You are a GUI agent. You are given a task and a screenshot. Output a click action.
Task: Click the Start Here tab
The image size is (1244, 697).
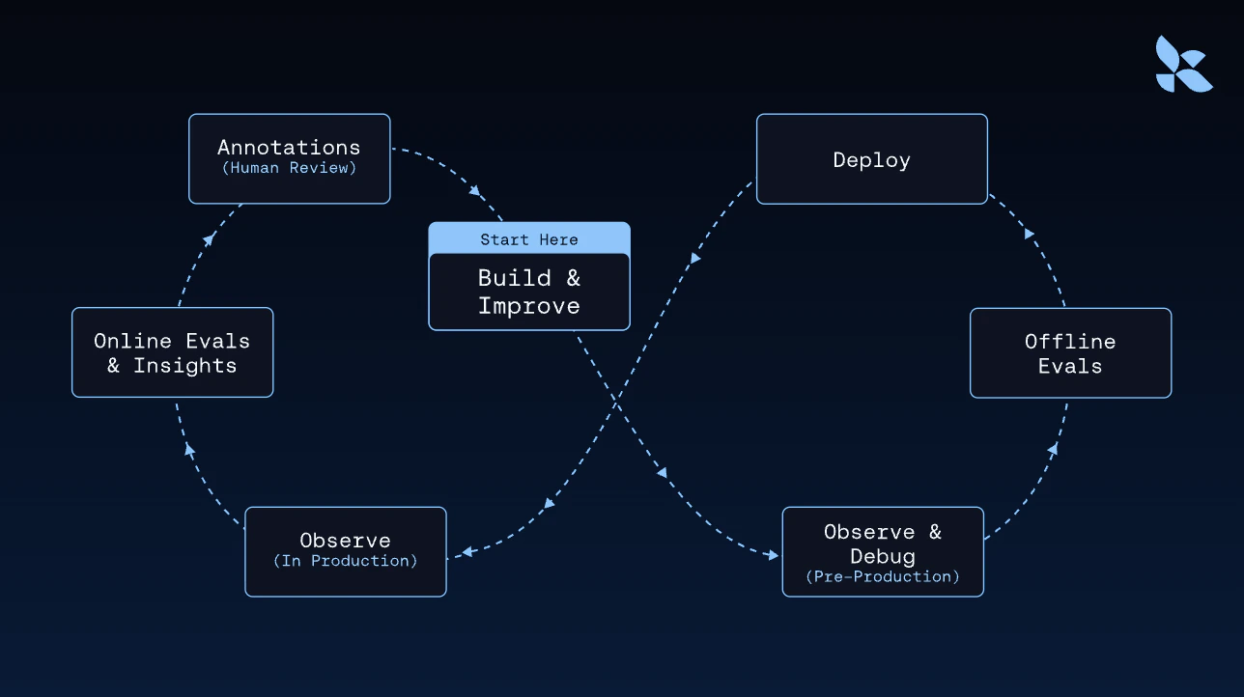pyautogui.click(x=529, y=238)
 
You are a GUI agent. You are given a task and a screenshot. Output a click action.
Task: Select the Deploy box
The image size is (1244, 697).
pyautogui.click(x=871, y=159)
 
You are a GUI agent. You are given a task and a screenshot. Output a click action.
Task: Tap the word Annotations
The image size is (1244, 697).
pyautogui.click(x=289, y=148)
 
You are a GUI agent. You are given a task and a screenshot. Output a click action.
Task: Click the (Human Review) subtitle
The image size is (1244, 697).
pyautogui.click(x=289, y=169)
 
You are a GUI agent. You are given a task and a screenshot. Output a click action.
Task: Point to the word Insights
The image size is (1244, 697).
pyautogui.click(x=184, y=366)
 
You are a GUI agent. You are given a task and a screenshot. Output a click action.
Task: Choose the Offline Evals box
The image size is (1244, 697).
pyautogui.click(x=1070, y=353)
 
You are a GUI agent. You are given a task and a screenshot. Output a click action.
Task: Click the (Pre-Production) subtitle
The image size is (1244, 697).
pyautogui.click(x=883, y=576)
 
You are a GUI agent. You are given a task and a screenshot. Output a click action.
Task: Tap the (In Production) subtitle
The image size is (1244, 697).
pyautogui.click(x=345, y=561)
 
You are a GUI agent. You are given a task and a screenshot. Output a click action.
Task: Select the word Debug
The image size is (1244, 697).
pyautogui.click(x=883, y=556)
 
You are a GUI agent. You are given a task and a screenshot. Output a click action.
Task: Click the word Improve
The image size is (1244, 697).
pyautogui.click(x=529, y=306)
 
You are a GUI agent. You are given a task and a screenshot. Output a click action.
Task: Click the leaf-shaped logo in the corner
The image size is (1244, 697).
pyautogui.click(x=1183, y=65)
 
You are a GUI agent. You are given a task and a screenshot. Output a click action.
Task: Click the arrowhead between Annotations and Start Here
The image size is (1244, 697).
pyautogui.click(x=475, y=191)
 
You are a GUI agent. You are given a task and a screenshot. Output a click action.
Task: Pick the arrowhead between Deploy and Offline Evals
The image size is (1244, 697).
pyautogui.click(x=1030, y=234)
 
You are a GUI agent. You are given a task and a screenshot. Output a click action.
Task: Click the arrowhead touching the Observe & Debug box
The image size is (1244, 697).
pyautogui.click(x=772, y=555)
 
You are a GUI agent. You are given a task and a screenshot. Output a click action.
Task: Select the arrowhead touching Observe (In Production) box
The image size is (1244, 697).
pyautogui.click(x=466, y=552)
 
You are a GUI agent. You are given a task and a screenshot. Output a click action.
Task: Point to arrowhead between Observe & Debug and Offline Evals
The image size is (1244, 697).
pyautogui.click(x=1053, y=449)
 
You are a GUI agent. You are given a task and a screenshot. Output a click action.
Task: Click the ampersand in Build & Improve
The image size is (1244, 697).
pyautogui.click(x=573, y=279)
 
